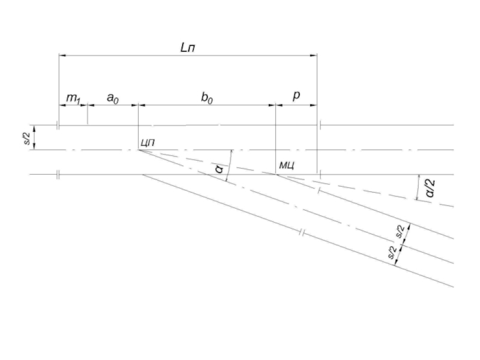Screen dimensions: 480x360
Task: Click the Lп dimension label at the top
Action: click(187, 47)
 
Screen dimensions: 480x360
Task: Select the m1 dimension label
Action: click(73, 98)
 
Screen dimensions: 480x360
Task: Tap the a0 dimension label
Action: click(113, 98)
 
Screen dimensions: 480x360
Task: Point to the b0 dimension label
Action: click(207, 98)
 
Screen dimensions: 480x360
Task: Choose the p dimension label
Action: click(296, 96)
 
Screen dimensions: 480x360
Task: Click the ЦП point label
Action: click(148, 143)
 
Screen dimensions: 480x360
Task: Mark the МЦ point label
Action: click(287, 166)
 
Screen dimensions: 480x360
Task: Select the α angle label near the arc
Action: click(220, 169)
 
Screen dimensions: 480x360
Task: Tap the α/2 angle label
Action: click(430, 188)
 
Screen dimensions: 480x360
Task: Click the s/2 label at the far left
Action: click(27, 137)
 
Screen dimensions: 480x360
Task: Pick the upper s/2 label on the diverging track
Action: click(400, 231)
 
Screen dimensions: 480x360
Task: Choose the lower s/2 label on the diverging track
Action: click(392, 253)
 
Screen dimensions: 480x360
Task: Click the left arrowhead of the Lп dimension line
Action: click(62, 55)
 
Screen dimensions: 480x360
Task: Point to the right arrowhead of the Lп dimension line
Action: click(314, 55)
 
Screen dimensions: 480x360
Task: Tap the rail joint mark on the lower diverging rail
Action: click(302, 233)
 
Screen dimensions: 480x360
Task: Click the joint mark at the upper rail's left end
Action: click(58, 125)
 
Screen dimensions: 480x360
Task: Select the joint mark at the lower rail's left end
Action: click(58, 175)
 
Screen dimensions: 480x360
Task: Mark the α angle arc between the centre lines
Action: click(230, 166)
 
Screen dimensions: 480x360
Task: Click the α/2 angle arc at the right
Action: click(418, 187)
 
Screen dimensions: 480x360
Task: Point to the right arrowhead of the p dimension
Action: click(314, 106)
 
